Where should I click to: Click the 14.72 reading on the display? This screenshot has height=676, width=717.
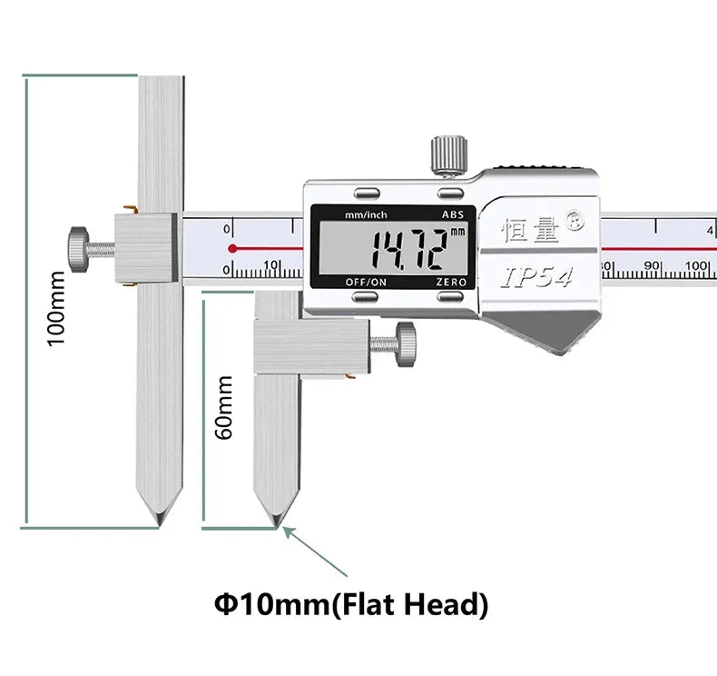point(408,249)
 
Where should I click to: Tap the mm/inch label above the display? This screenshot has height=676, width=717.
point(366,214)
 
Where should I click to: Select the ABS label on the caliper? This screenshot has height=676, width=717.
point(453,214)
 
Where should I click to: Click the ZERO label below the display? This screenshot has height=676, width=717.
point(451,282)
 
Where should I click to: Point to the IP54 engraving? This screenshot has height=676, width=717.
point(536,277)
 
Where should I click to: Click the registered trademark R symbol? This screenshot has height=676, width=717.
point(575,222)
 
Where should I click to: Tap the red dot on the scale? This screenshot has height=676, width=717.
point(232,249)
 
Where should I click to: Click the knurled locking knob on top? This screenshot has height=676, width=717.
point(449,155)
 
